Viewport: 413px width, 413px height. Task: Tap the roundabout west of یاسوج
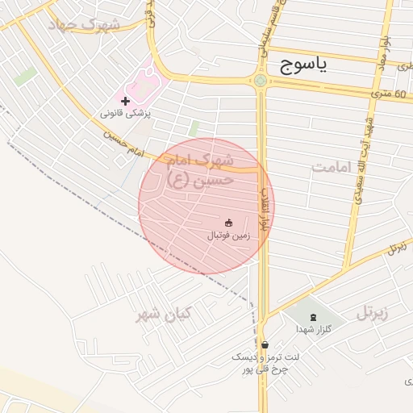pyautogui.click(x=260, y=80)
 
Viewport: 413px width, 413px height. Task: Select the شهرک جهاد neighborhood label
pyautogui.click(x=84, y=24)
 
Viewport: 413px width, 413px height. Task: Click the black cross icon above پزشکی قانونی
pyautogui.click(x=125, y=101)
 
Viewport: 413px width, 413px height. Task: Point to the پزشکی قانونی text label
pyautogui.click(x=126, y=115)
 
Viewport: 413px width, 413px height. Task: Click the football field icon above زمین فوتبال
pyautogui.click(x=228, y=223)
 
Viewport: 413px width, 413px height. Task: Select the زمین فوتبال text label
pyautogui.click(x=229, y=236)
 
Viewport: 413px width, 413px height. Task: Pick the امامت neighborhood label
pyautogui.click(x=333, y=166)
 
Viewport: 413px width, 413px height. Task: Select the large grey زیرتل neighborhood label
pyautogui.click(x=373, y=312)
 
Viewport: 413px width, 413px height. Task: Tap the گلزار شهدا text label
pyautogui.click(x=311, y=329)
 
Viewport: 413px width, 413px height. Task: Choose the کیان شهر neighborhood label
pyautogui.click(x=162, y=314)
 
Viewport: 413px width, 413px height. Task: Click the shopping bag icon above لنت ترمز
pyautogui.click(x=265, y=344)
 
